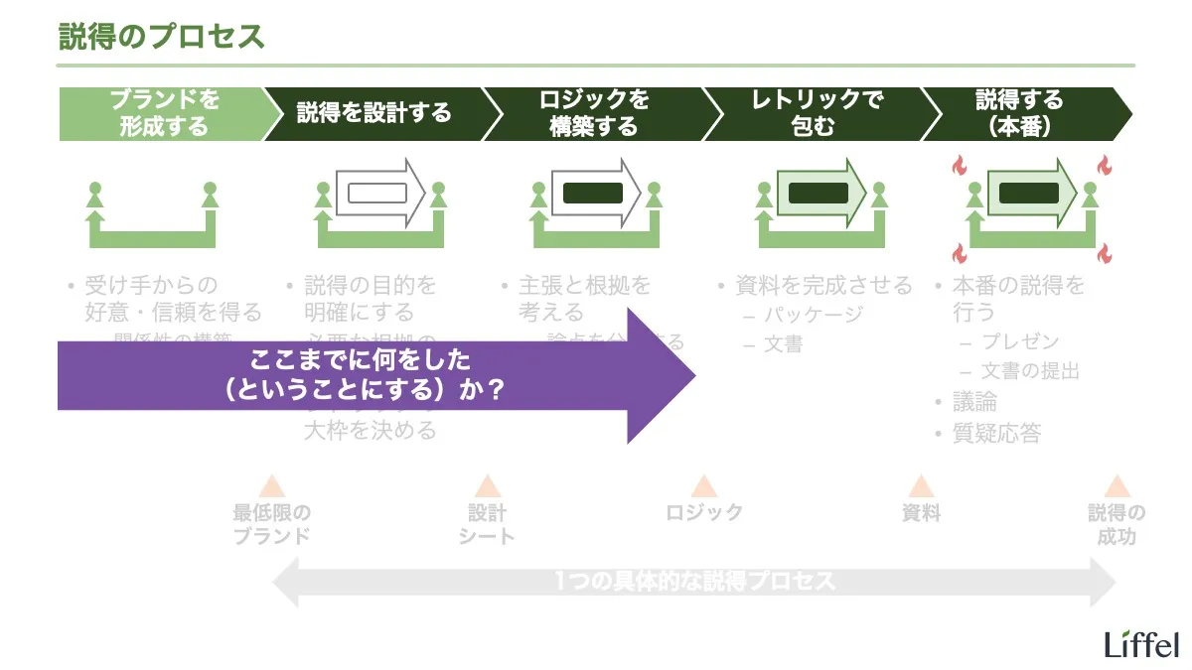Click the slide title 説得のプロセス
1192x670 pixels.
click(x=162, y=37)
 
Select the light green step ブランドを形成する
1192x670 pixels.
click(x=164, y=113)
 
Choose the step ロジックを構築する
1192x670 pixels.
click(x=593, y=113)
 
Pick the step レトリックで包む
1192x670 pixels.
click(x=814, y=113)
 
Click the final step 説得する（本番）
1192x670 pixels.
click(x=1019, y=113)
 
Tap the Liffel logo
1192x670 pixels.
click(x=1141, y=644)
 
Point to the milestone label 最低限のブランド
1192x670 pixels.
click(x=271, y=524)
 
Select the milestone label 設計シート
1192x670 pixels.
click(x=487, y=524)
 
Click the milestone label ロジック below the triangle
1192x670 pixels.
click(x=704, y=513)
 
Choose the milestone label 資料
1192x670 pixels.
click(x=921, y=513)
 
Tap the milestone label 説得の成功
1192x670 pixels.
click(x=1117, y=524)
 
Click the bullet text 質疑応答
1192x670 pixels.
click(x=996, y=434)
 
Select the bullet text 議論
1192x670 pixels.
click(x=974, y=402)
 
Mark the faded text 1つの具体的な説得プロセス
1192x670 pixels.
click(x=695, y=582)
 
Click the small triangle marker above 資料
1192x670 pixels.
click(x=921, y=486)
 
